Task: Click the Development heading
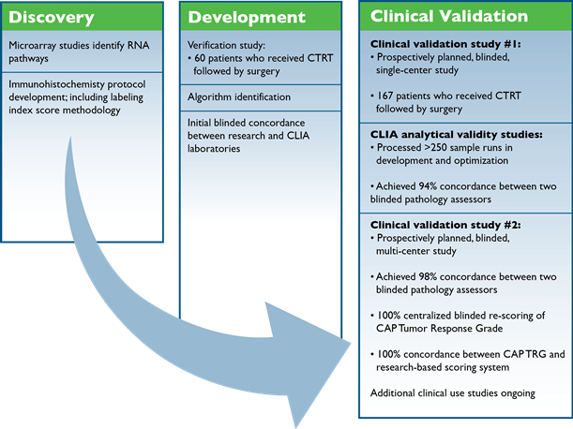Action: point(247,17)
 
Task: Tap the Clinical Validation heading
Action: point(448,17)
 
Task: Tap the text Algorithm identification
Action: point(238,96)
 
